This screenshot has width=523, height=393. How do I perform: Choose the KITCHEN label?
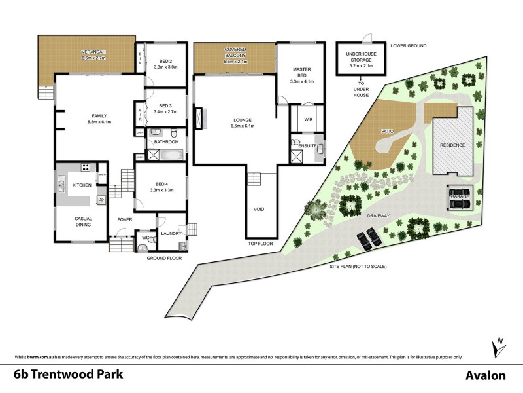[81, 186]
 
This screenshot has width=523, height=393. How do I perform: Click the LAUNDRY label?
[161, 233]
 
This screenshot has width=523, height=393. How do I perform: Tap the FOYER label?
[125, 219]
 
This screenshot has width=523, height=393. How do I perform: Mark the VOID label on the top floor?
[259, 210]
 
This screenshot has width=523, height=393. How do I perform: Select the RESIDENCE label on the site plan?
[452, 144]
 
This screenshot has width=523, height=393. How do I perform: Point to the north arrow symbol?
[499, 346]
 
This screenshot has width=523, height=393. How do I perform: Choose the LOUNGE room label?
[243, 120]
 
